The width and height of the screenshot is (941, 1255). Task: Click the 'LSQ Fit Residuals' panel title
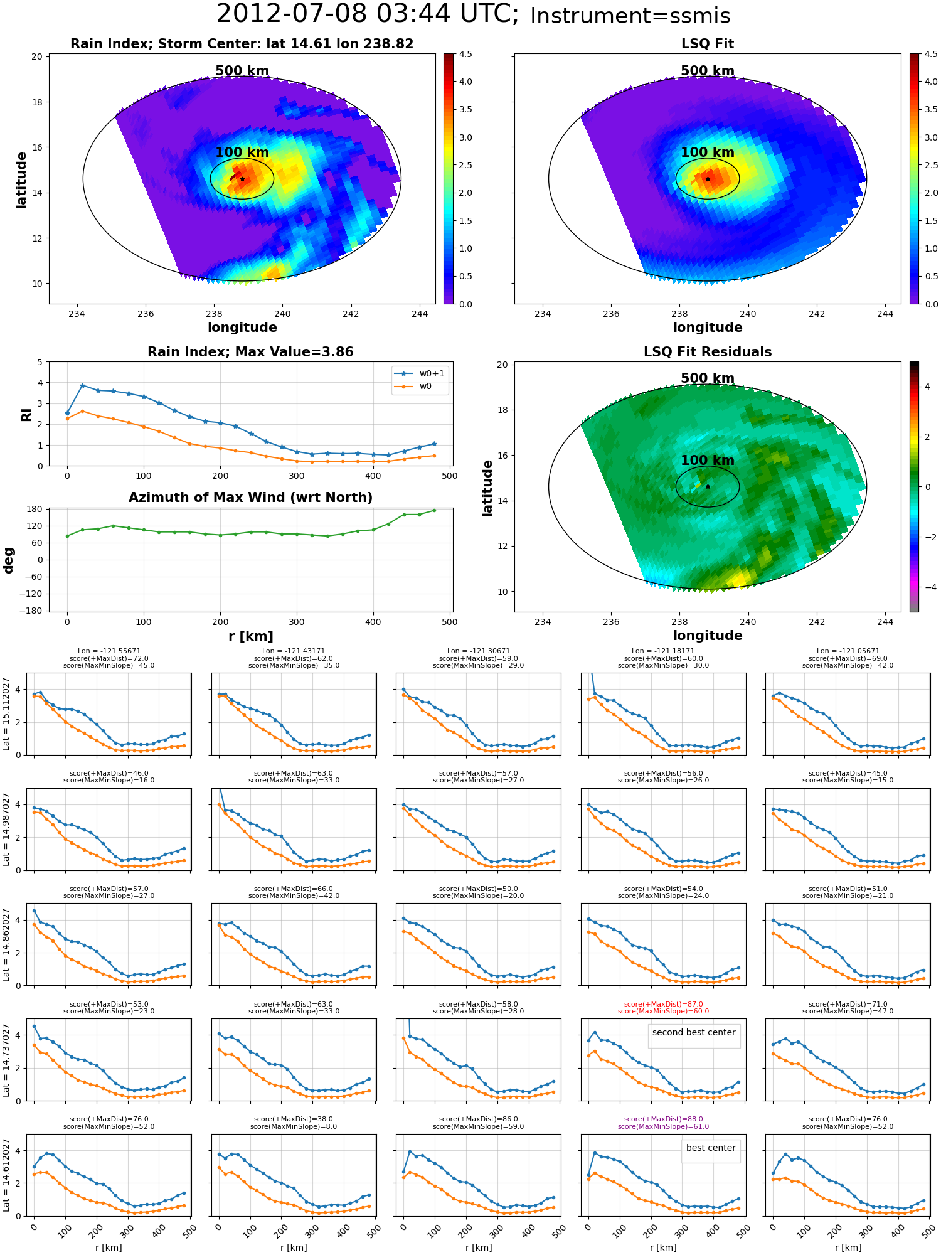coord(708,352)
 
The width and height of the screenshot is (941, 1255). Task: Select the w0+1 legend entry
coord(419,374)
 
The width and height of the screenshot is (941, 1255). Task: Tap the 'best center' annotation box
coord(711,1148)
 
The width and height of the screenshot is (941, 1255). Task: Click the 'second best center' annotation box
coord(694,1032)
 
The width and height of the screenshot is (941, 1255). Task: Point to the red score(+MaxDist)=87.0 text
coord(663,1004)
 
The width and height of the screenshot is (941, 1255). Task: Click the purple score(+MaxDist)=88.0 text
coord(663,1119)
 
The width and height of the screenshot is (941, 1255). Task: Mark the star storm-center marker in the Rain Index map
coord(243,179)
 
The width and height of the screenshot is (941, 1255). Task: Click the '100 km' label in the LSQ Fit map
coord(708,152)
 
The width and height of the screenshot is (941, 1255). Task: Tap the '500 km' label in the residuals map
coord(708,378)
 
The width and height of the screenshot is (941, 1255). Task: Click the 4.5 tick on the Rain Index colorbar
coord(465,54)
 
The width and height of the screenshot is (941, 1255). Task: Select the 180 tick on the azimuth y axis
coord(35,509)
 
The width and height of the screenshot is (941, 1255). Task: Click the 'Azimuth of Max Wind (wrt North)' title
coord(250,498)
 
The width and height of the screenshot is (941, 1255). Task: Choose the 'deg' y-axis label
coord(9,560)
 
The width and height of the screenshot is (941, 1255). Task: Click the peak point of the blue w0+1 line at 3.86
coord(82,385)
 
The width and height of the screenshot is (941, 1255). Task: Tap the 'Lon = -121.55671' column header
coord(109,651)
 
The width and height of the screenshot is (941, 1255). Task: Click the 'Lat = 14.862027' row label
coord(6,944)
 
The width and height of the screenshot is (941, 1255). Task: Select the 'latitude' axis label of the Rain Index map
coord(21,179)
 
